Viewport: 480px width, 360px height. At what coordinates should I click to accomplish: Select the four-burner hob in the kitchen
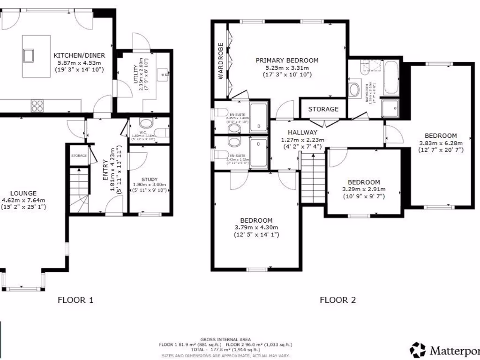tap(37, 106)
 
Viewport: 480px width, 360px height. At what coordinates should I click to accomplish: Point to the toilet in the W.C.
tap(146, 124)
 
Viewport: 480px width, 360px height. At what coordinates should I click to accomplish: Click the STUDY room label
tap(150, 178)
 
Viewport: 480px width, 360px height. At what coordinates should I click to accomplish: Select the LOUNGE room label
tap(23, 193)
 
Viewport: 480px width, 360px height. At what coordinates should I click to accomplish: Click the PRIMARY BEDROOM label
tap(287, 60)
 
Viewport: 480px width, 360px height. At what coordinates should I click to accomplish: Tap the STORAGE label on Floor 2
tap(323, 109)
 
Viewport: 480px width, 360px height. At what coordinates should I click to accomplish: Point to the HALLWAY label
tap(302, 133)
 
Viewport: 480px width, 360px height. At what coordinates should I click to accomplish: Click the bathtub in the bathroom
tap(391, 78)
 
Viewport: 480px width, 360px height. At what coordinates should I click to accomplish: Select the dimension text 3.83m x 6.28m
tap(440, 143)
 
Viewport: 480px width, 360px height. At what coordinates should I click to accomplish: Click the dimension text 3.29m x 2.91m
tap(363, 189)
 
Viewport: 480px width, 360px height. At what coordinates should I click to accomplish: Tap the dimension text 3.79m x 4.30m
tap(256, 228)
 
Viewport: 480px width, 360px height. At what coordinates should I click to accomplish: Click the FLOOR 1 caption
tap(75, 300)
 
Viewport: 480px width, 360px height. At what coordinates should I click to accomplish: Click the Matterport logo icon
tap(418, 350)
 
